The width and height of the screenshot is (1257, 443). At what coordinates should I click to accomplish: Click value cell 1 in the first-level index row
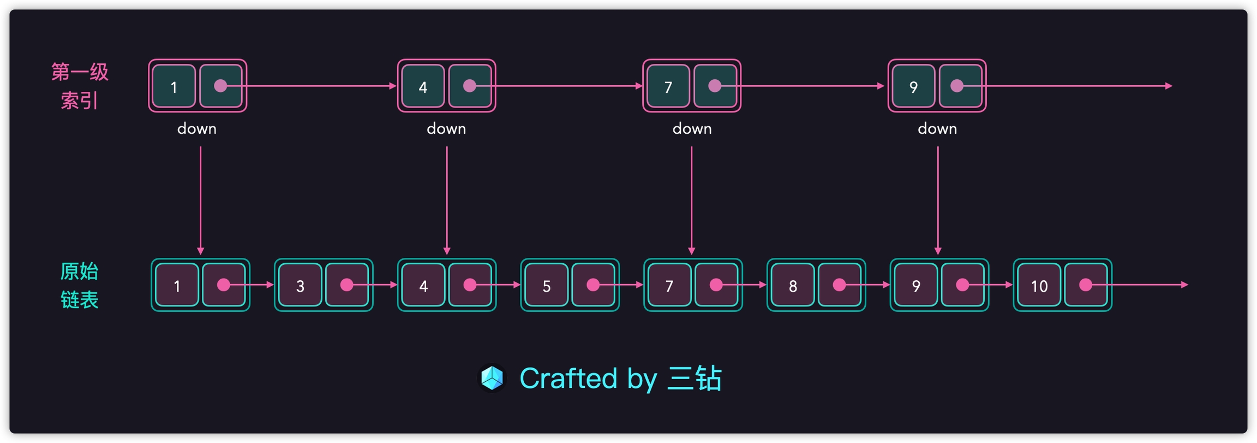coord(174,86)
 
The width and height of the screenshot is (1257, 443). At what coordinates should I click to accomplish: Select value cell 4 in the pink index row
coord(423,86)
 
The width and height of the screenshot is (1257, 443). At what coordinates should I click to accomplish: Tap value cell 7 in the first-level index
coord(668,86)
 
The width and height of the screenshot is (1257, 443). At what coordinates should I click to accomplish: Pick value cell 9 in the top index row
coord(913,86)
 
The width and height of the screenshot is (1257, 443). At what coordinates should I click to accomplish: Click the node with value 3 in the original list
coord(300,285)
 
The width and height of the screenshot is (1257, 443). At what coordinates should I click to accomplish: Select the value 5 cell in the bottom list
coord(546,285)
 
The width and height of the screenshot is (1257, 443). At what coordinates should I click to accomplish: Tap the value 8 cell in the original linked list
coord(793,285)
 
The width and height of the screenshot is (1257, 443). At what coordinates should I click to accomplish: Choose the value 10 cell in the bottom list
coord(1039,285)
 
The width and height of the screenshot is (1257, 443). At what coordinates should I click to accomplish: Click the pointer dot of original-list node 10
coord(1086,285)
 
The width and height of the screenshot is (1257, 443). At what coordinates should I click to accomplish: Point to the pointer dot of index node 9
coord(957,86)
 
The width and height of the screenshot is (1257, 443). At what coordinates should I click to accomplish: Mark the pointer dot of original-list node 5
coord(593,285)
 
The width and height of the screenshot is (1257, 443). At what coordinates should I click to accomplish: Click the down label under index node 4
coord(446,129)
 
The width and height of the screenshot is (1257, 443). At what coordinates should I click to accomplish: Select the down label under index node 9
coord(937,129)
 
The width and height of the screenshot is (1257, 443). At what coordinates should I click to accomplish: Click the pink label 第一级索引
coord(80,86)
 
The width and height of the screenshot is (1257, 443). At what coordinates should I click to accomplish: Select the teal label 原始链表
coord(80,285)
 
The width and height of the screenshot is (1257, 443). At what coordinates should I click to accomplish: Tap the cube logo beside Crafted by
coord(492,378)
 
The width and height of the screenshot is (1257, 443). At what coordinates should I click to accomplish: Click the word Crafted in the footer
coord(568,378)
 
